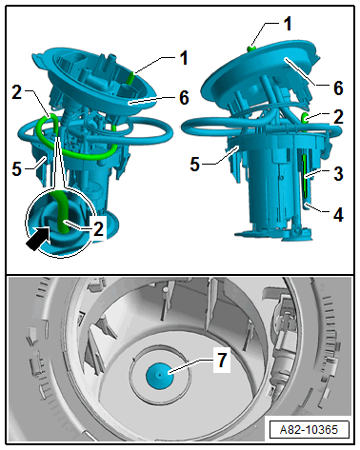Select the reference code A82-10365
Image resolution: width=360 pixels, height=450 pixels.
[x=309, y=430]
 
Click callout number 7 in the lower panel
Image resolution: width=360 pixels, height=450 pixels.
[x=222, y=361]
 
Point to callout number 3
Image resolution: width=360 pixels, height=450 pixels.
[x=338, y=174]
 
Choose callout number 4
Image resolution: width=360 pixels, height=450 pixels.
[x=338, y=215]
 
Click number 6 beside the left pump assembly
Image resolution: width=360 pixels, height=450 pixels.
[x=185, y=97]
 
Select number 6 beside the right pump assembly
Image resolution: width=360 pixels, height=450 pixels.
[x=338, y=88]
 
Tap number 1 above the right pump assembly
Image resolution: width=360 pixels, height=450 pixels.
[x=288, y=24]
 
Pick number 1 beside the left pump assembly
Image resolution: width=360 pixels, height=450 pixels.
[x=184, y=58]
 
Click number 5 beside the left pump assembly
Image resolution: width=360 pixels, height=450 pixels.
[x=16, y=169]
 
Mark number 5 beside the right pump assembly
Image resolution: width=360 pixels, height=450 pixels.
[x=195, y=165]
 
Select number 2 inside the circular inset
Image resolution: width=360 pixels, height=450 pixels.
[x=98, y=228]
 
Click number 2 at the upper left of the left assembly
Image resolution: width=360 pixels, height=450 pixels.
[x=16, y=92]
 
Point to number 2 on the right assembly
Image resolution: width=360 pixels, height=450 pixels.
[x=338, y=117]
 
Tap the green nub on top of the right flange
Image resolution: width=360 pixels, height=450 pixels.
[x=251, y=49]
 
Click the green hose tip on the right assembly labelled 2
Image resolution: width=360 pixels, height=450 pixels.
[x=305, y=119]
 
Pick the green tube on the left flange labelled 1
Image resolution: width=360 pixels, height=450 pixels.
[x=130, y=78]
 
